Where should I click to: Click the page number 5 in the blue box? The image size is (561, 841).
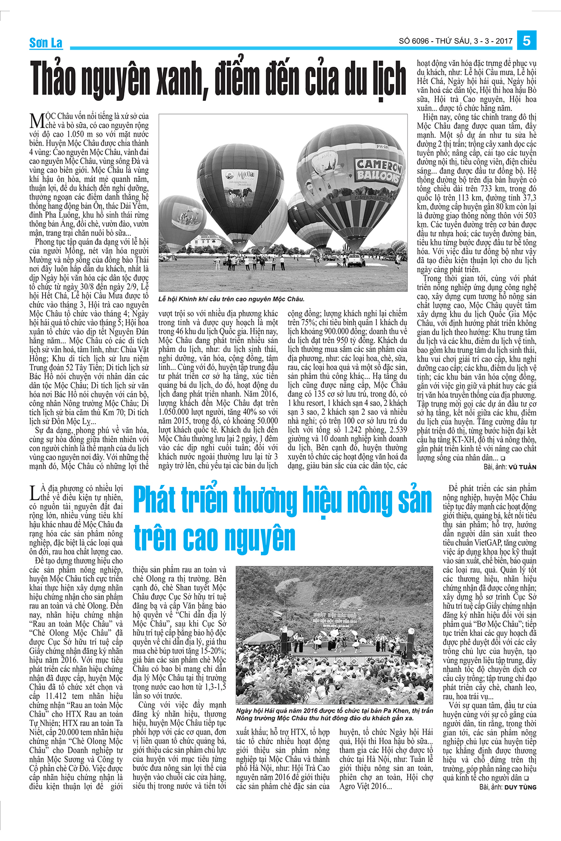click(x=526, y=41)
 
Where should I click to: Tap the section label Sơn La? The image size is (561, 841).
click(x=45, y=43)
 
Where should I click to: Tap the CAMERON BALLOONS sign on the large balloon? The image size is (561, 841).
click(x=379, y=171)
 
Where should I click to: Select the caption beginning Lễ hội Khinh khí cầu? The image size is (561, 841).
click(x=231, y=299)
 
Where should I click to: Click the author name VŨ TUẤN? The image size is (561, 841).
click(x=522, y=467)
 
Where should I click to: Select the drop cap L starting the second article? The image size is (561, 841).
click(x=34, y=492)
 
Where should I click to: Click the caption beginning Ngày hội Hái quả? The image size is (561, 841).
click(x=334, y=714)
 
